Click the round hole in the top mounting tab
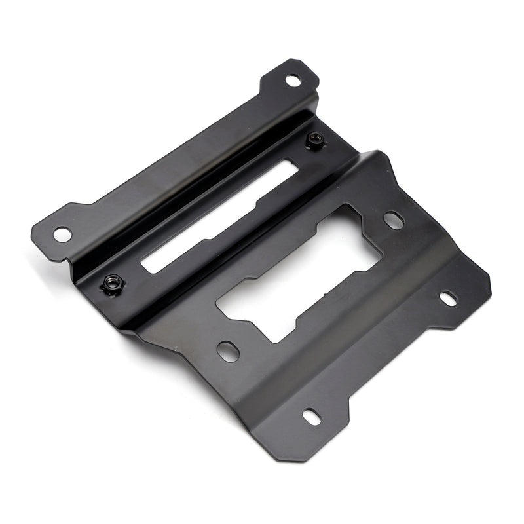(293, 81)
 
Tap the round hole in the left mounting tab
(61, 233)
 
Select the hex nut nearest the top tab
(316, 139)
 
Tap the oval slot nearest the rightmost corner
(448, 299)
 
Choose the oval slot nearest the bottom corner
(310, 416)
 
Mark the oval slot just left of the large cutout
(228, 349)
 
